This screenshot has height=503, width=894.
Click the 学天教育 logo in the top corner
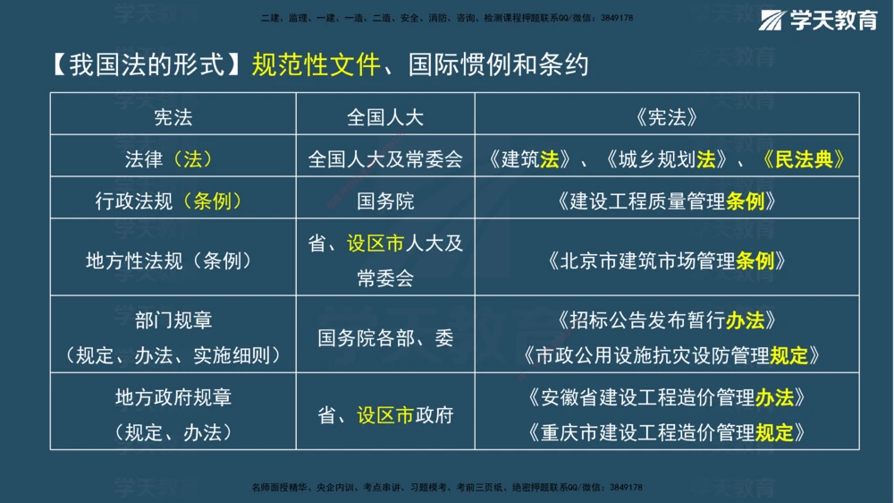[819, 21]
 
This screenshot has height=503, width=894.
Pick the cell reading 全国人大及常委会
[385, 159]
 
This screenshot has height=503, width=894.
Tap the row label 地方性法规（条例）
[169, 261]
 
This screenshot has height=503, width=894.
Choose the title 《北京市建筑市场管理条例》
[666, 261]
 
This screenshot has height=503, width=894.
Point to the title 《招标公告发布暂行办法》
[666, 320]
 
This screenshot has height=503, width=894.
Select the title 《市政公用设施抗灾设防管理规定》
[666, 356]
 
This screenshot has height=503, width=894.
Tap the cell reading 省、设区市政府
[385, 415]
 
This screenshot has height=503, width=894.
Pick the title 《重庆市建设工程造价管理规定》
[666, 433]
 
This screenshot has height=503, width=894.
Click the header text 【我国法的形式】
[144, 65]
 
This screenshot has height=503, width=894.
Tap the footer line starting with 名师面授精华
[447, 487]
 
